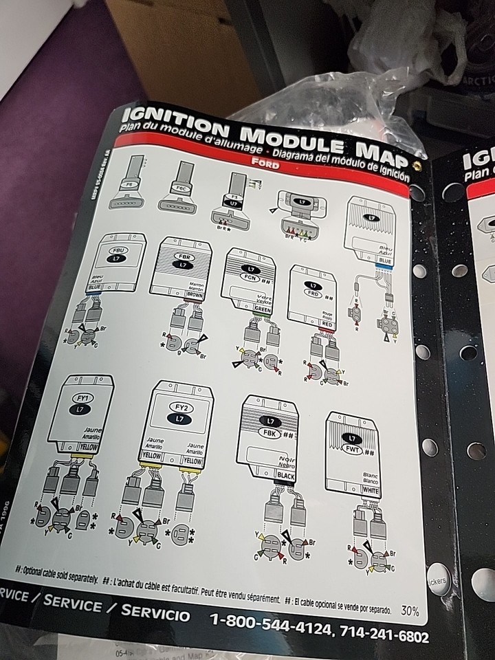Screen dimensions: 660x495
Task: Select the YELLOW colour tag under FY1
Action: (x=87, y=445)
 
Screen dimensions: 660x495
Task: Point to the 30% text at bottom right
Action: (x=410, y=610)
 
